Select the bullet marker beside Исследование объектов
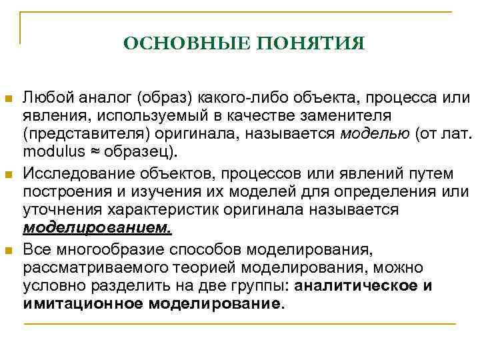tap(9, 175)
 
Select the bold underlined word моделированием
tap(97, 227)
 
